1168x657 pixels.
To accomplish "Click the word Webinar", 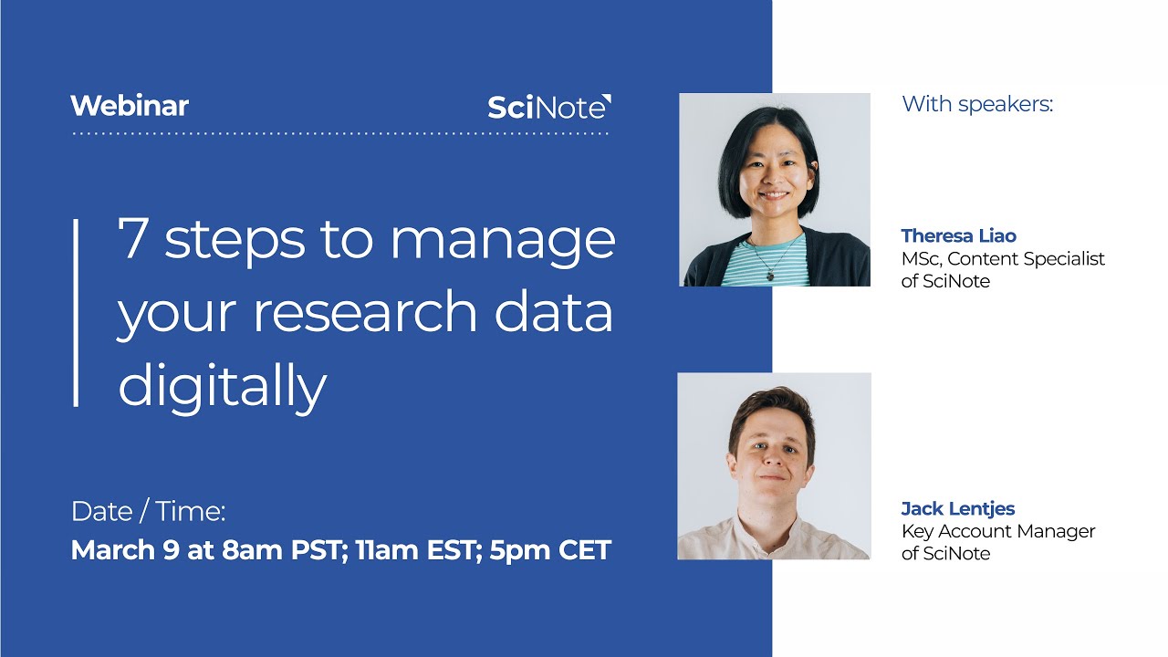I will pos(130,106).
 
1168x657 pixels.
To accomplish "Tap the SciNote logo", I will pos(549,108).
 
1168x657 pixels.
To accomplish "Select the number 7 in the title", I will pos(134,240).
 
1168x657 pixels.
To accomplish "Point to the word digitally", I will pos(222,386).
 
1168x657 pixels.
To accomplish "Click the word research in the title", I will pos(363,312).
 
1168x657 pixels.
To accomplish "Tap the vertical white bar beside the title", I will pos(76,312).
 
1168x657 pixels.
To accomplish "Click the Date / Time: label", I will pos(148,512).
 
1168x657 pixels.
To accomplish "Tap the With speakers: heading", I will pos(977,104).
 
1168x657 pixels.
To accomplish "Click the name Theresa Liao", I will pos(958,236).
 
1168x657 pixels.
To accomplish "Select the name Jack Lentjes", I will pos(958,508).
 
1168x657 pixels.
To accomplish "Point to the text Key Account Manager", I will pos(998,531).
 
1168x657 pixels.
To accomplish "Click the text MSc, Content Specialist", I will pos(1003,259).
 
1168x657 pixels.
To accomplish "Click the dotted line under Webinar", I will pos(339,134).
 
